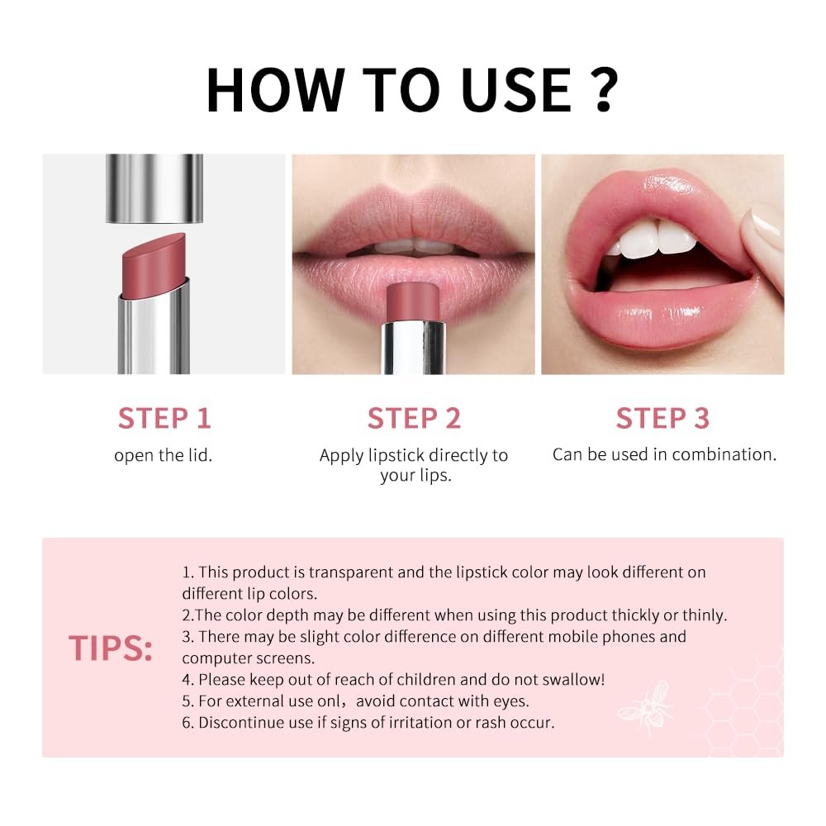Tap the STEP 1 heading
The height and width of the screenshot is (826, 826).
[x=164, y=418]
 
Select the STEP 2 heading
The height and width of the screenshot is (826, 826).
[x=414, y=418]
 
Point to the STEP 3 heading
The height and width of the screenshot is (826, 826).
[x=662, y=418]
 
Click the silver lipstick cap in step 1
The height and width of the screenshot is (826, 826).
[x=154, y=188]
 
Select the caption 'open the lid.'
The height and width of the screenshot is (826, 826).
[x=164, y=455]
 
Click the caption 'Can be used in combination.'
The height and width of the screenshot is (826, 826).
[x=664, y=454]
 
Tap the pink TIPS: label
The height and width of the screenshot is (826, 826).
[x=111, y=648]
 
